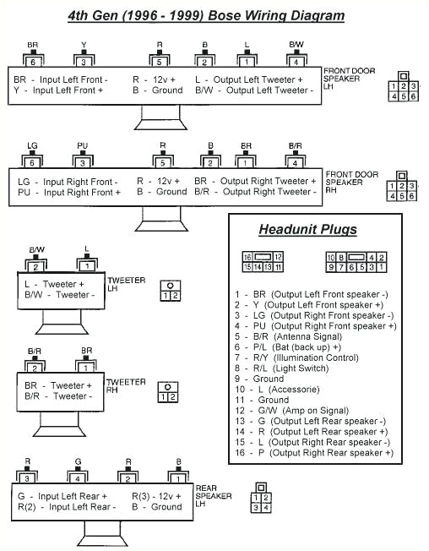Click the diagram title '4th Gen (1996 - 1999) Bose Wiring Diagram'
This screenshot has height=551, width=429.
click(205, 16)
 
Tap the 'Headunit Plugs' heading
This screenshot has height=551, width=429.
click(307, 229)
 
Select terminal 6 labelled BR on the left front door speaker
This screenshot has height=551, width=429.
click(33, 61)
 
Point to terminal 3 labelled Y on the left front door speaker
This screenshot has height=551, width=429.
click(83, 61)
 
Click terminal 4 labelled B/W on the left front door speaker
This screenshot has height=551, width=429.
click(296, 61)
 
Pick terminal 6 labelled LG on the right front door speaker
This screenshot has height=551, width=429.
click(33, 161)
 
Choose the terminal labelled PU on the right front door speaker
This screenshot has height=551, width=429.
click(83, 161)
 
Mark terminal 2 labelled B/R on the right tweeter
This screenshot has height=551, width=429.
click(35, 368)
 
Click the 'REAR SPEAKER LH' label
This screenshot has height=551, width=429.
click(213, 496)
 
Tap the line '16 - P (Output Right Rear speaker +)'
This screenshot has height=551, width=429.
click(313, 453)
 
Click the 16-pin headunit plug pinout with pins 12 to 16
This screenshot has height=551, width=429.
click(263, 260)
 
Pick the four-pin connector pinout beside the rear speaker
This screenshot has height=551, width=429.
click(261, 499)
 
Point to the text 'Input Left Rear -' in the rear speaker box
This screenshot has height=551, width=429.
click(80, 507)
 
